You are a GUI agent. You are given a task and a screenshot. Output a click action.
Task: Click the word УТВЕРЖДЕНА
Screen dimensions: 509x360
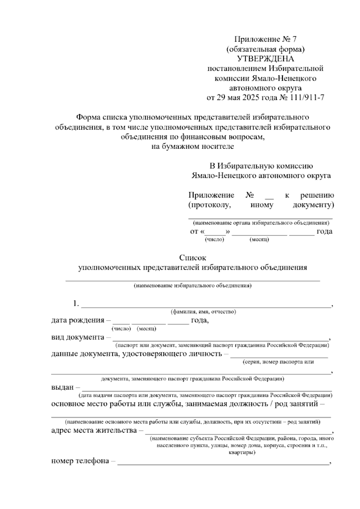coord(265,59)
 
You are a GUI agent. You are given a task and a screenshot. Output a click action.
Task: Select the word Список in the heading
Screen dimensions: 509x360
coord(193,258)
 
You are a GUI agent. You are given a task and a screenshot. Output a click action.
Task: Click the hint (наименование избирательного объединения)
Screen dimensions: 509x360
coord(193,285)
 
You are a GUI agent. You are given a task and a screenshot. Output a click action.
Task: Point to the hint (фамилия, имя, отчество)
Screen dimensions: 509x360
coord(203,312)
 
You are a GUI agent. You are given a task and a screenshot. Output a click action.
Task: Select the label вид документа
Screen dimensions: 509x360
coord(77,337)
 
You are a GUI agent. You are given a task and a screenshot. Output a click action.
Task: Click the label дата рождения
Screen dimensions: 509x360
coord(77,320)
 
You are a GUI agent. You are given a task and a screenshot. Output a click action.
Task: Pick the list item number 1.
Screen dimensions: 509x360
coord(76,304)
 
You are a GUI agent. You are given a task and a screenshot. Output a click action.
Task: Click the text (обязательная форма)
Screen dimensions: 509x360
coord(265,49)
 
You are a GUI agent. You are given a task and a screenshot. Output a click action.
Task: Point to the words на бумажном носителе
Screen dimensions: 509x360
coord(193,146)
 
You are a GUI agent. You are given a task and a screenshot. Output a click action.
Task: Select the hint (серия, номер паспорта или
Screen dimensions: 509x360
coord(278,362)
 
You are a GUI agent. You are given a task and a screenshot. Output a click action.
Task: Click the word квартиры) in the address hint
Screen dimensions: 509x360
coord(242,452)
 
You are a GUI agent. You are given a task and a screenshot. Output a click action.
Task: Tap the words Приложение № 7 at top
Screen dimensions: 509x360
coord(265,39)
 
